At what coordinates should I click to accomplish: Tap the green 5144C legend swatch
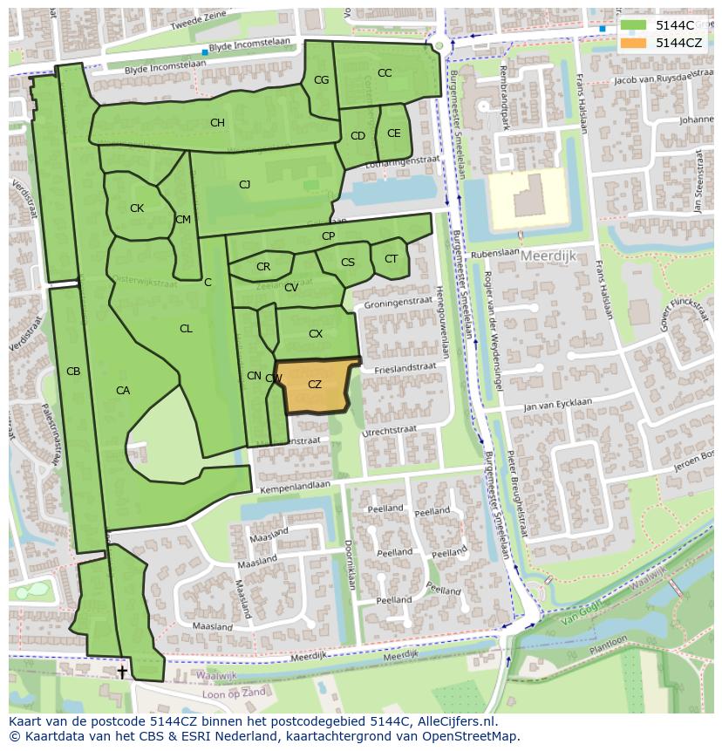pyautogui.click(x=634, y=25)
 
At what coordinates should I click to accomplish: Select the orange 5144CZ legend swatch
pyautogui.click(x=634, y=43)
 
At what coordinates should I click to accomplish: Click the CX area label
pyautogui.click(x=316, y=333)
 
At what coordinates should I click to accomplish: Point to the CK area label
pyautogui.click(x=137, y=208)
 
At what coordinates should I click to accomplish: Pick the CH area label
pyautogui.click(x=217, y=123)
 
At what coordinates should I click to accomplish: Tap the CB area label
pyautogui.click(x=73, y=372)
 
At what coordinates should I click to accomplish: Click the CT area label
pyautogui.click(x=391, y=259)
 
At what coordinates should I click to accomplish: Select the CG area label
pyautogui.click(x=321, y=80)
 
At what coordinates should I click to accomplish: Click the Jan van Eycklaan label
pyautogui.click(x=557, y=405)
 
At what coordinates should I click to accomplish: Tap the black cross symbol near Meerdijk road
pyautogui.click(x=122, y=672)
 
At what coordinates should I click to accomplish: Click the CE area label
pyautogui.click(x=393, y=133)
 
